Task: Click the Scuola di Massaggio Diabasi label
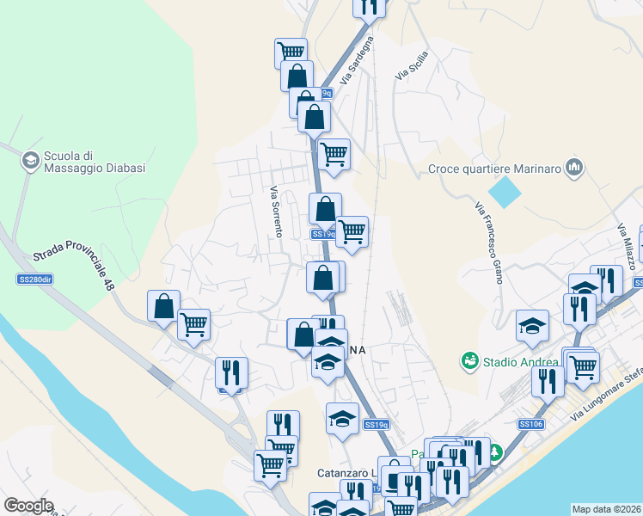pyautogui.click(x=83, y=162)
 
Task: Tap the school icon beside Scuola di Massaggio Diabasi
pyautogui.click(x=30, y=161)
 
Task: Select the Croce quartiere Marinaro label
pyautogui.click(x=495, y=169)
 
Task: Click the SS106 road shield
pyautogui.click(x=530, y=424)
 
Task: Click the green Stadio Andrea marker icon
pyautogui.click(x=469, y=359)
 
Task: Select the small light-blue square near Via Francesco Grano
pyautogui.click(x=505, y=190)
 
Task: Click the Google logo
pyautogui.click(x=28, y=506)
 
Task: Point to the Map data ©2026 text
pyautogui.click(x=605, y=509)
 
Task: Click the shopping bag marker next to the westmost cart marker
pyautogui.click(x=163, y=305)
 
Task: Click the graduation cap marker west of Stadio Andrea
pyautogui.click(x=532, y=325)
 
